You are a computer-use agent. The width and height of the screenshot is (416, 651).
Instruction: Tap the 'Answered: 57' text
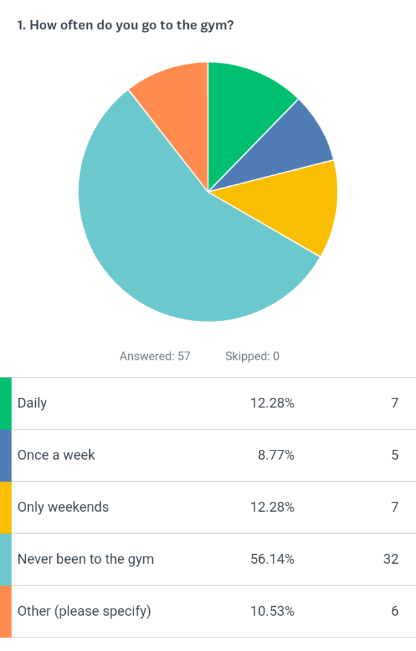(x=155, y=356)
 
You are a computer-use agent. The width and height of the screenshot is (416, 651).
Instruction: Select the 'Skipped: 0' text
(x=252, y=356)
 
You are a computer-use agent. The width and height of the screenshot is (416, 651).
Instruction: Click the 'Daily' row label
(x=32, y=403)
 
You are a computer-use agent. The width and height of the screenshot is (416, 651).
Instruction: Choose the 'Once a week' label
(x=56, y=455)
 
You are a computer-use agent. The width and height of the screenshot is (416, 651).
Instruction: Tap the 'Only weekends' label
(x=63, y=507)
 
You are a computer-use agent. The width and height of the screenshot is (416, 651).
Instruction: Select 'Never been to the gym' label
(x=85, y=559)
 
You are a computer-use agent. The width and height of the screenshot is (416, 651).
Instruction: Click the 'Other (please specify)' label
(x=84, y=611)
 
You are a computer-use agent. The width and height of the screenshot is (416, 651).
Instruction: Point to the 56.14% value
(x=272, y=559)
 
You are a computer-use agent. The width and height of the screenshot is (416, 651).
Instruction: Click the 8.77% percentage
(x=276, y=455)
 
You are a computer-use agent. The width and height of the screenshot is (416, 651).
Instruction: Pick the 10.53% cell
(x=272, y=611)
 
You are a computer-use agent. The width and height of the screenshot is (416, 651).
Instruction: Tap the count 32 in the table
(x=391, y=559)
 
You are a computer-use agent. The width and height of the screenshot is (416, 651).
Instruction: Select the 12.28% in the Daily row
(x=272, y=403)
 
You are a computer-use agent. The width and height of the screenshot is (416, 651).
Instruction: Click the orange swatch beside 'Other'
(x=5, y=611)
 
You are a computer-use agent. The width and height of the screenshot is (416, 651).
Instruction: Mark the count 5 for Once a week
(x=395, y=455)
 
